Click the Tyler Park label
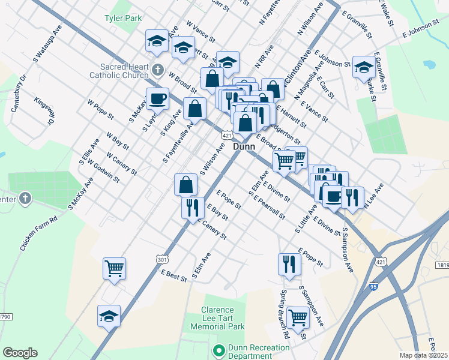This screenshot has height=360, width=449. coord(123,19)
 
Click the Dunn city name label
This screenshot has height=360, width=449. coord(244,146)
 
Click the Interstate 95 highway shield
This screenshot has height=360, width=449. coord(375,288)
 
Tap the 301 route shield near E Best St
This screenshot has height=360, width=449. coord(161,260)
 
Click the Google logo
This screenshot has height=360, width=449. coord(20,353)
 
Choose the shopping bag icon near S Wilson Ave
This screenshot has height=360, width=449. coord(186,184)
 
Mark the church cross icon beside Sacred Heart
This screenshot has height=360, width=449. coord(158,70)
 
